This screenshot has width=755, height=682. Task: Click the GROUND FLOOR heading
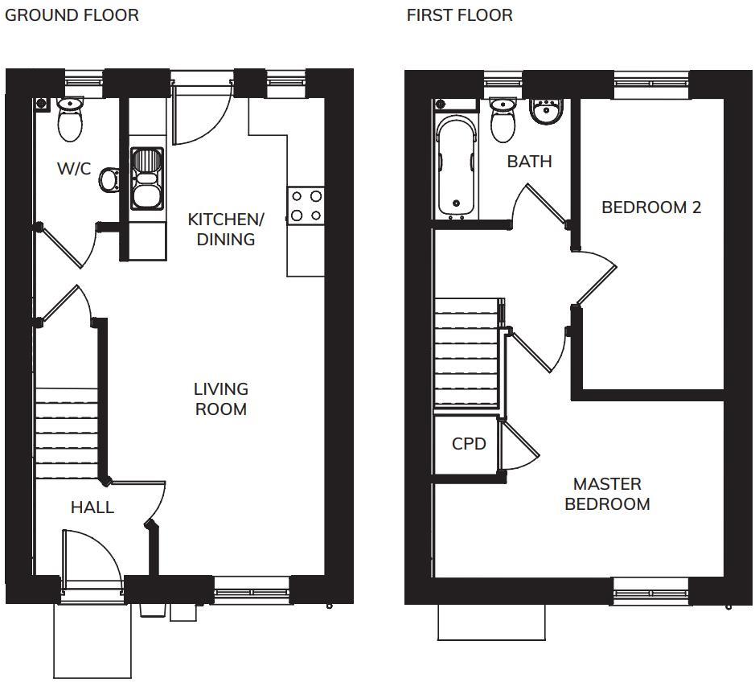tap(72, 15)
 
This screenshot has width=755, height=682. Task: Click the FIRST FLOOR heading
tap(459, 15)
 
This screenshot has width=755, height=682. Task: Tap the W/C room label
tap(74, 169)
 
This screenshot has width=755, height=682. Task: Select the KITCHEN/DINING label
tap(225, 229)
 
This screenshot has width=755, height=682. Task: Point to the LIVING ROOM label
tap(220, 399)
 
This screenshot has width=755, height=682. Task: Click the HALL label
tap(92, 507)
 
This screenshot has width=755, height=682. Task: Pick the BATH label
tap(529, 162)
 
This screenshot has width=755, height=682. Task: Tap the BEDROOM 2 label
tap(651, 207)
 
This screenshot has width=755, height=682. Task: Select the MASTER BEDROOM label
tap(607, 494)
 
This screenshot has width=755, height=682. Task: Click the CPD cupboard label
tap(469, 443)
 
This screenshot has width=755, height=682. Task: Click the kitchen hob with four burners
tap(306, 205)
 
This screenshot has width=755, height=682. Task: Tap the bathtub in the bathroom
tap(456, 166)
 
